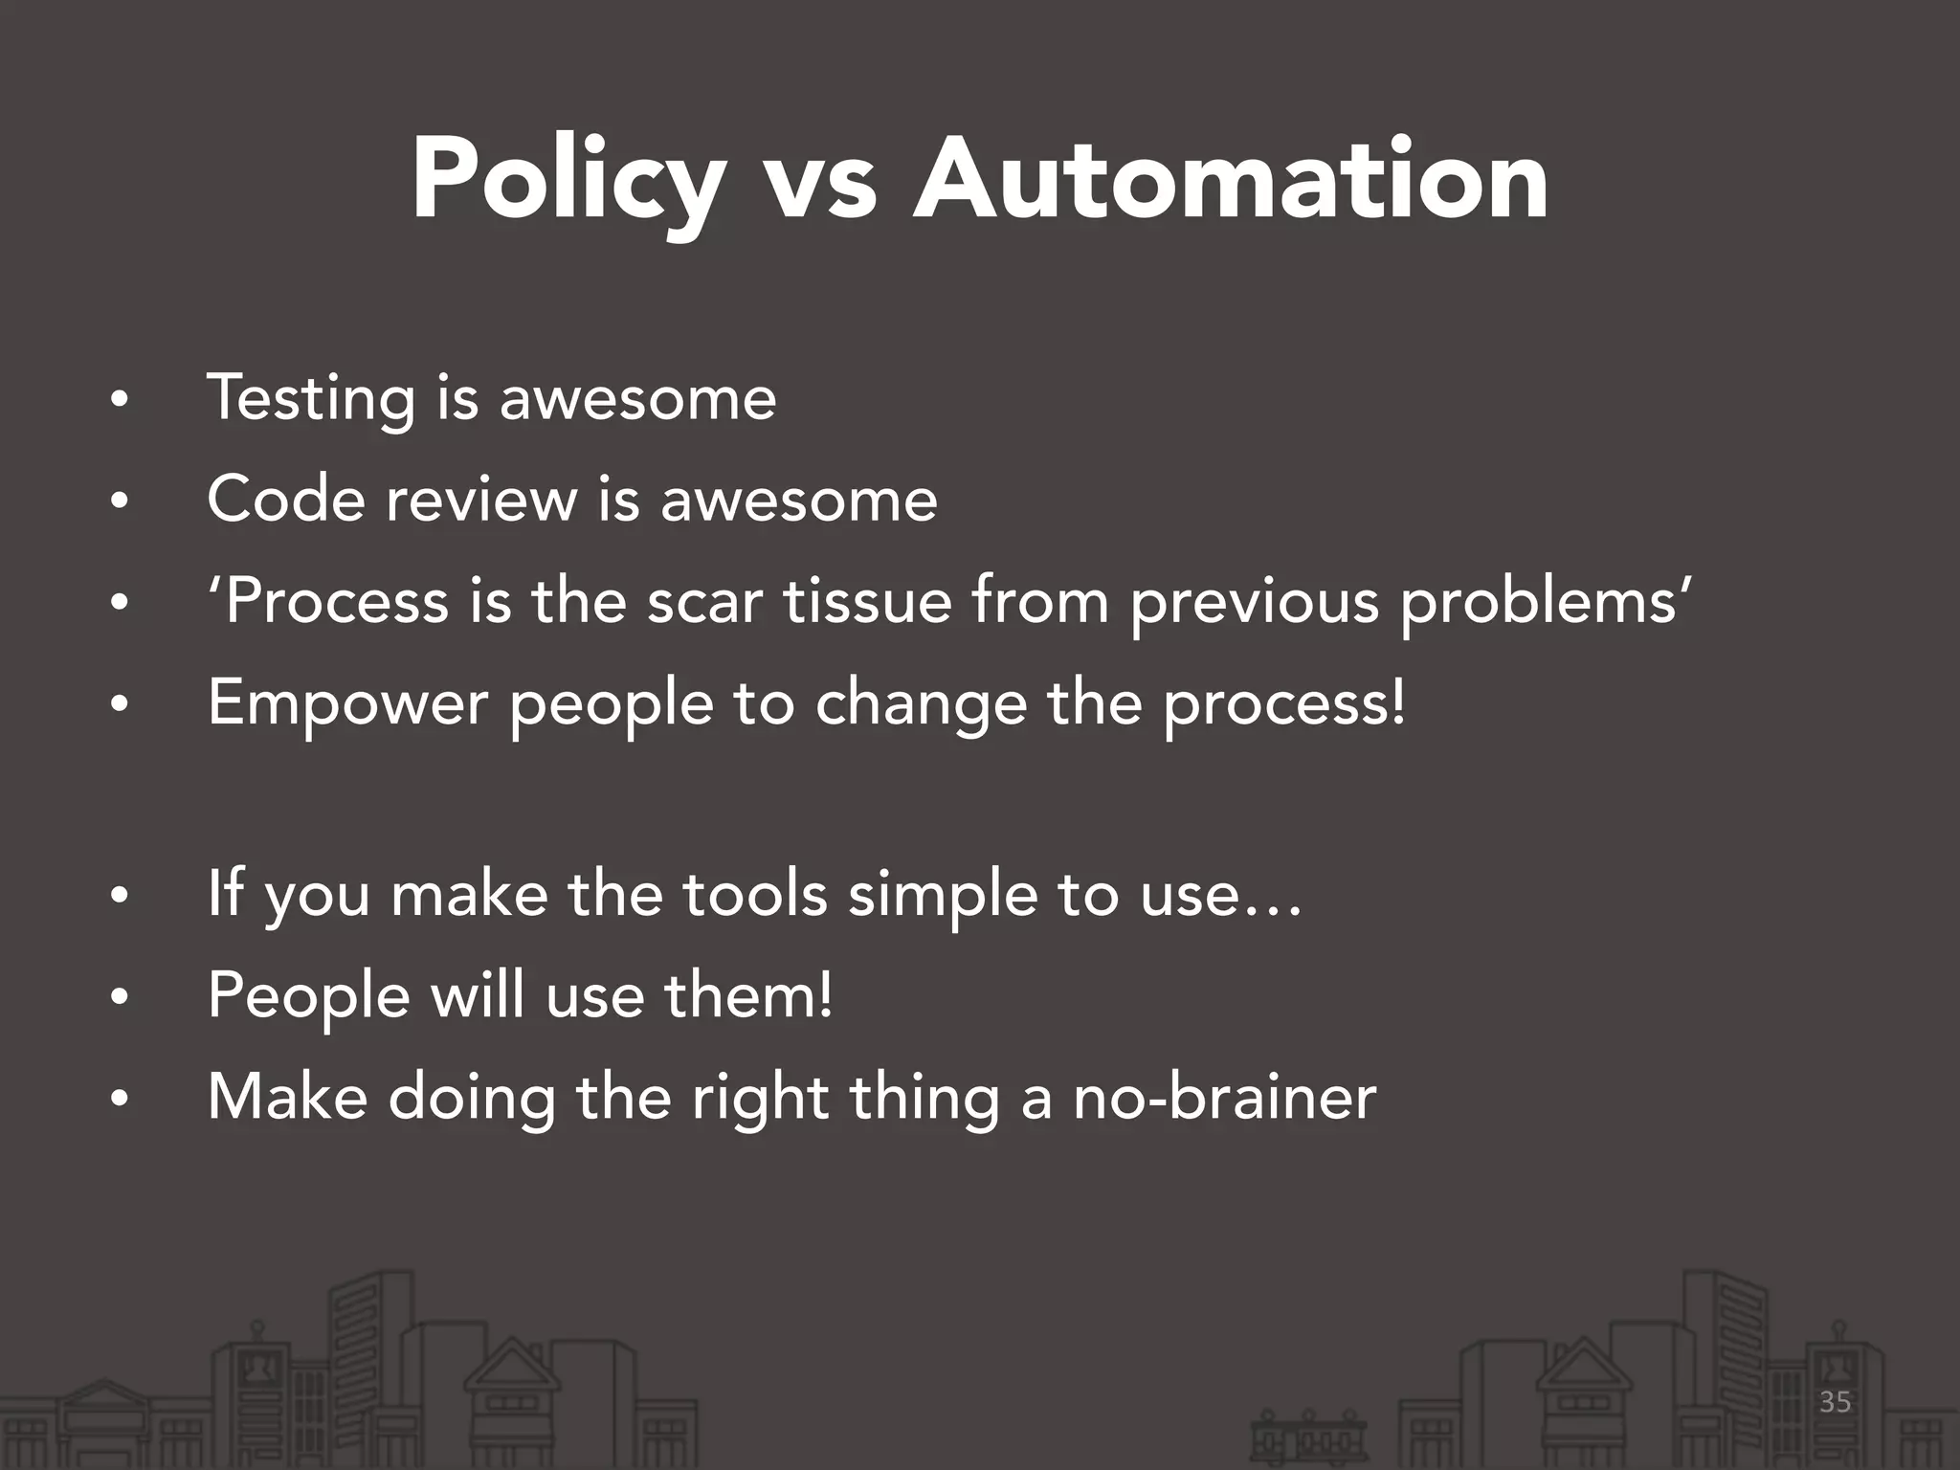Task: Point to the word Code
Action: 285,500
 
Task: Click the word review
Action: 480,500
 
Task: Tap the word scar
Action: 705,602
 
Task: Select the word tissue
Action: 868,602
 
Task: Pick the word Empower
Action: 348,703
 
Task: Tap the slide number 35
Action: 1835,1403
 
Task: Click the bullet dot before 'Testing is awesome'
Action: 118,401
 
